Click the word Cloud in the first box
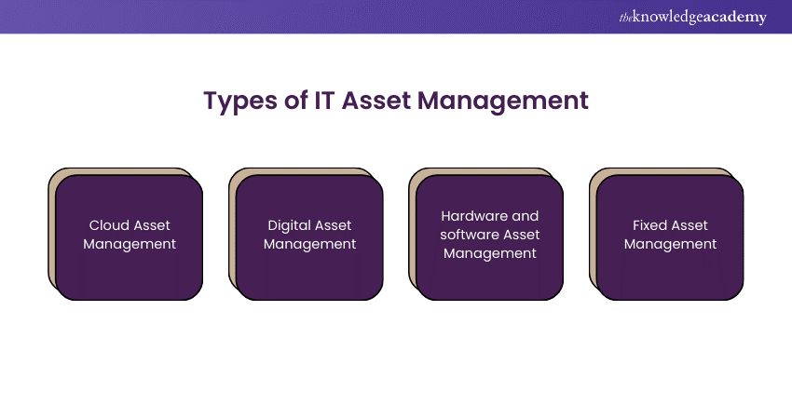[108, 225]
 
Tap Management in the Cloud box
[130, 244]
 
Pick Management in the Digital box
[310, 244]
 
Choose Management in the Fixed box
[671, 244]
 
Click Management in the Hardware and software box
[490, 253]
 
